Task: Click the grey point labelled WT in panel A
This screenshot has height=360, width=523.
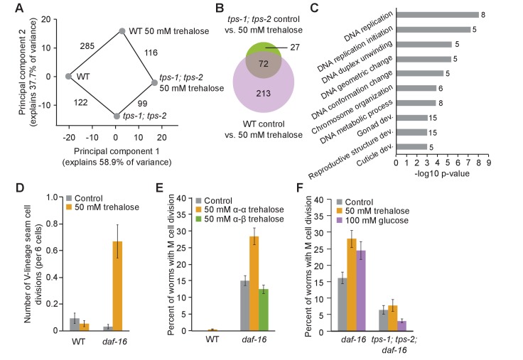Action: tap(68, 76)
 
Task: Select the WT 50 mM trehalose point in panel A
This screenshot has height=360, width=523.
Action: tap(122, 31)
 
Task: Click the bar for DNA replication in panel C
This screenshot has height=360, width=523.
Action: tap(436, 14)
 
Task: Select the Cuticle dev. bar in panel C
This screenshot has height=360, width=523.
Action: tap(411, 147)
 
